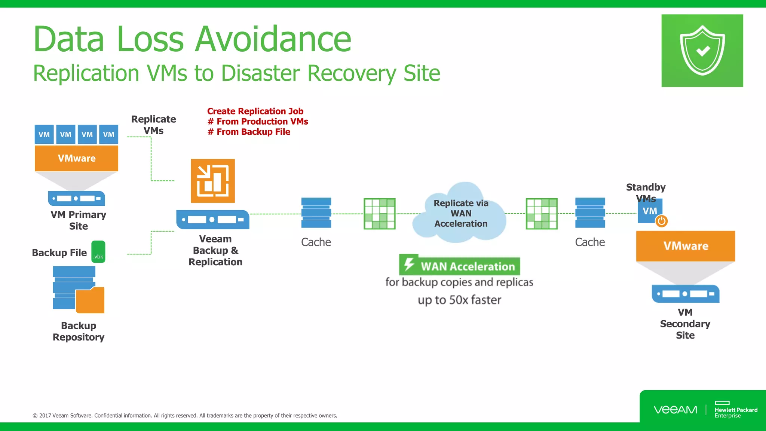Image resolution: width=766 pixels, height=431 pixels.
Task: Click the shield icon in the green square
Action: tap(702, 51)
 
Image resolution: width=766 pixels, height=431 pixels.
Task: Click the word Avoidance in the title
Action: tap(273, 39)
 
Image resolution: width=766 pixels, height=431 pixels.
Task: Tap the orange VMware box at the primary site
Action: tap(76, 158)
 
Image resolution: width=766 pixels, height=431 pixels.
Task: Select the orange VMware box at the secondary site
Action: tap(685, 246)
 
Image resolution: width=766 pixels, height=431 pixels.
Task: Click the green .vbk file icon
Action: tap(98, 252)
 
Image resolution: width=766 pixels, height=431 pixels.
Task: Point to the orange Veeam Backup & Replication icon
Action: tap(213, 181)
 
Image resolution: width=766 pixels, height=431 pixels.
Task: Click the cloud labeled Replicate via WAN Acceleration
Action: tap(460, 213)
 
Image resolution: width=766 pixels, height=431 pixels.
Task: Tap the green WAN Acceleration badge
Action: tap(460, 266)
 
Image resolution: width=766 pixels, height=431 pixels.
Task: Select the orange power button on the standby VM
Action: tap(661, 221)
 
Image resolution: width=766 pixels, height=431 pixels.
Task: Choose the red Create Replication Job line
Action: tap(255, 111)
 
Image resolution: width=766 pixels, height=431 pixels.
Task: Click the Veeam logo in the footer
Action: tap(675, 410)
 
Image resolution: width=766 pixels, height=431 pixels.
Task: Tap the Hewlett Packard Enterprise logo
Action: tap(735, 410)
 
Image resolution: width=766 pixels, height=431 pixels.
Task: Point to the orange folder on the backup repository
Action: tap(91, 300)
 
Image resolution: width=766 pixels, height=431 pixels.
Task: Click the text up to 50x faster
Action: tap(459, 300)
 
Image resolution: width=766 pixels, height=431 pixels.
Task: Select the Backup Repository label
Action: tap(79, 331)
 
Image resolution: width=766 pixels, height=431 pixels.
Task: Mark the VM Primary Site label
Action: tap(79, 220)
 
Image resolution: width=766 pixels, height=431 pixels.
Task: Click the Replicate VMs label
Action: tap(153, 125)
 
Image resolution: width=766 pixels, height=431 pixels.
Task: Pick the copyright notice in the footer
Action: tap(185, 416)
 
